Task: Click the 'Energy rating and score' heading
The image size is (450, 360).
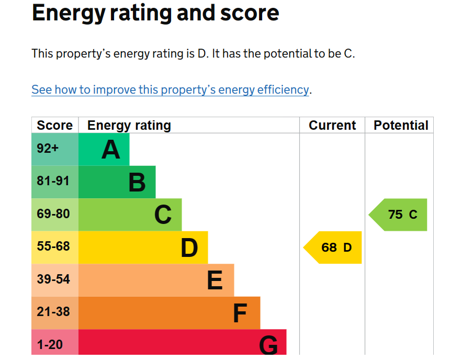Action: click(155, 13)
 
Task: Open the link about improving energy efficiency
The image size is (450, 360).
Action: click(170, 89)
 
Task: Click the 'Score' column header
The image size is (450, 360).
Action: click(55, 125)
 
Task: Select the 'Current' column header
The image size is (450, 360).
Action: click(332, 125)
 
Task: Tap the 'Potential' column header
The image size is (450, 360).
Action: click(401, 125)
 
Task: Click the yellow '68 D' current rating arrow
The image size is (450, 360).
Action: click(332, 248)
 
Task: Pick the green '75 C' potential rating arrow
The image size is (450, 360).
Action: click(398, 215)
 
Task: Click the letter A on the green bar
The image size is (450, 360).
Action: click(111, 150)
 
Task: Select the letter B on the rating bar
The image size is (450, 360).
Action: click(137, 182)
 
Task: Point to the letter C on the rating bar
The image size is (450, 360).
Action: click(163, 215)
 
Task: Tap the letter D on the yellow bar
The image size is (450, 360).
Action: click(189, 248)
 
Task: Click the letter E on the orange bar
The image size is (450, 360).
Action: click(215, 280)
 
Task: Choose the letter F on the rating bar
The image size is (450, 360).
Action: click(240, 313)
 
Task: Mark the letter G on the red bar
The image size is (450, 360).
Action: click(268, 345)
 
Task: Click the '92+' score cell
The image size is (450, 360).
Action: click(55, 149)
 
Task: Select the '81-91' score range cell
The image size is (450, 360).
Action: click(55, 182)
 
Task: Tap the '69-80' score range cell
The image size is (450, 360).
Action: click(55, 215)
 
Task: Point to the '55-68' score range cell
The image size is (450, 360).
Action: click(55, 248)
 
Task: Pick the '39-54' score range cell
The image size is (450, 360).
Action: click(55, 280)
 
